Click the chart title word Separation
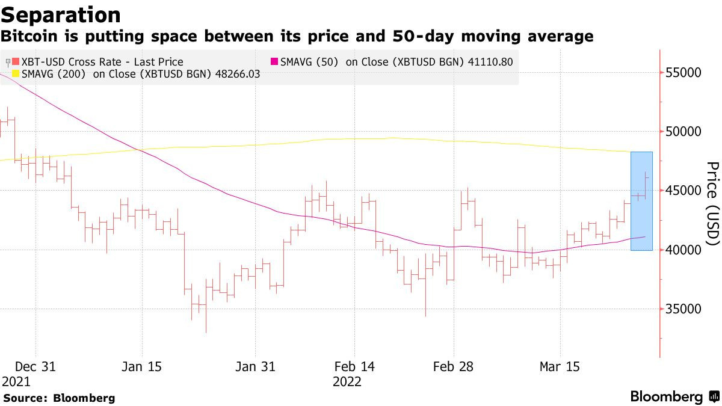click(x=61, y=15)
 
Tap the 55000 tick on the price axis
click(x=683, y=73)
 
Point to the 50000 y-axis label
click(x=683, y=132)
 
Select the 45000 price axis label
click(x=683, y=191)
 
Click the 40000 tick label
click(x=683, y=250)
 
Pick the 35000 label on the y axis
click(x=683, y=309)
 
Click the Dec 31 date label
click(x=35, y=367)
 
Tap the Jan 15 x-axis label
click(x=141, y=367)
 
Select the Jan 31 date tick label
click(x=255, y=367)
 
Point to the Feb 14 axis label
click(x=354, y=367)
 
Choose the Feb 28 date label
click(x=453, y=367)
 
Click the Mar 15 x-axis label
click(x=560, y=367)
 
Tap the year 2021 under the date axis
click(x=16, y=382)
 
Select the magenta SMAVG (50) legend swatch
click(x=274, y=61)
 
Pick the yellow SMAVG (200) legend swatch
click(x=16, y=73)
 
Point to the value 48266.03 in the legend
click(x=238, y=74)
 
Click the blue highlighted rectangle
click(x=641, y=201)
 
